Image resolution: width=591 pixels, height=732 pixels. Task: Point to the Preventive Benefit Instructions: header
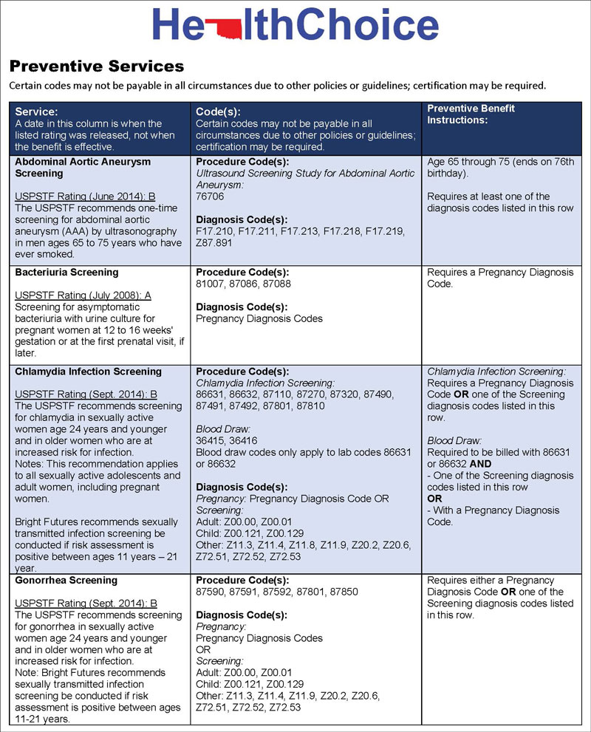pyautogui.click(x=471, y=114)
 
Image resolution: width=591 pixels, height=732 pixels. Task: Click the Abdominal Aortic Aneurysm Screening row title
pyautogui.click(x=83, y=167)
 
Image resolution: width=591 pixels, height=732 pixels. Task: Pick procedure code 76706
pyautogui.click(x=210, y=197)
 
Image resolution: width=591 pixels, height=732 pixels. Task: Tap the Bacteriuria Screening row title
pyautogui.click(x=66, y=272)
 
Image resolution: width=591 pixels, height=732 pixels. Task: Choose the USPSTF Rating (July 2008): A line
pyautogui.click(x=83, y=295)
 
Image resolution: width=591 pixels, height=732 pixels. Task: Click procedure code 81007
pyautogui.click(x=211, y=284)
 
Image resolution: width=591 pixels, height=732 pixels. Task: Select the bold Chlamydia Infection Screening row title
pyautogui.click(x=88, y=372)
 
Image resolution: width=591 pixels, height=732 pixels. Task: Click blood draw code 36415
pyautogui.click(x=211, y=441)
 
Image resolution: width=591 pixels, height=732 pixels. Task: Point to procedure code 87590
pyautogui.click(x=211, y=592)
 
